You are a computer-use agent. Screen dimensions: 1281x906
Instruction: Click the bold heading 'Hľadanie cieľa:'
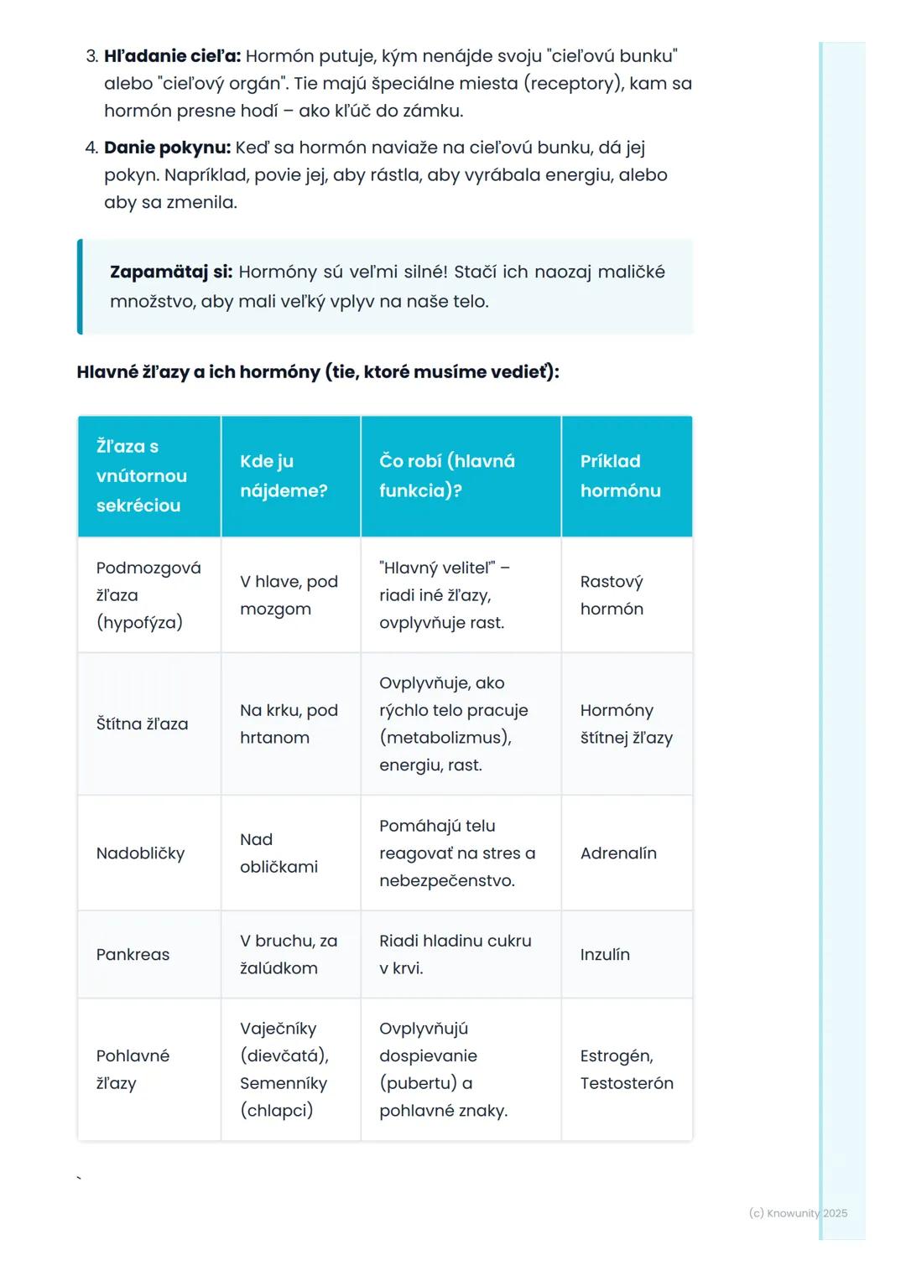172,56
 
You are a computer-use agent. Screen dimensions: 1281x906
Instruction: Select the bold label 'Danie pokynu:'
167,148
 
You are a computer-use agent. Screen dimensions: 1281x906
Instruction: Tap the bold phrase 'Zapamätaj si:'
171,272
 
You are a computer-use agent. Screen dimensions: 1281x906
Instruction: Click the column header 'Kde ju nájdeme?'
284,475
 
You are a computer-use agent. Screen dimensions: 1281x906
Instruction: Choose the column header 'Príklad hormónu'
620,475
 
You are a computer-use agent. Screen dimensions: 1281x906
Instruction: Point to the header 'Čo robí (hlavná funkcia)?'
446,475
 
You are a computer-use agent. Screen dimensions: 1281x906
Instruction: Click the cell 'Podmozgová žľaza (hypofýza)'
148,594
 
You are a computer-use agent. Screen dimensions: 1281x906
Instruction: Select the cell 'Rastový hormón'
612,594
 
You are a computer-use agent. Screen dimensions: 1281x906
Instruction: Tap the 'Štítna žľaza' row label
142,723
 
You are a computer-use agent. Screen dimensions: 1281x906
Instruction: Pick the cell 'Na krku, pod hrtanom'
289,723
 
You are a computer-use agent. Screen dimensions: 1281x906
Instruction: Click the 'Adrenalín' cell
618,853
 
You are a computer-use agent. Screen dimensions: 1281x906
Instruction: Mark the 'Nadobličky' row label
140,853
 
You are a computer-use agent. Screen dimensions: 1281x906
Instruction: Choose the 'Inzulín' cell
605,954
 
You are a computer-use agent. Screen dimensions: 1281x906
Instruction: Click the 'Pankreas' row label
133,954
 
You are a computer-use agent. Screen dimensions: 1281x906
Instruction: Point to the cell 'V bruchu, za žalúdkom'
289,954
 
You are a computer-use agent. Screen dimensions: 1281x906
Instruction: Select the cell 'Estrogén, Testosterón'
626,1069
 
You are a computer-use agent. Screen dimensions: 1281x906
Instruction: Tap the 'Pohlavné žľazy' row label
133,1069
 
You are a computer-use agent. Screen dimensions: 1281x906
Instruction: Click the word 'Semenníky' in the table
284,1083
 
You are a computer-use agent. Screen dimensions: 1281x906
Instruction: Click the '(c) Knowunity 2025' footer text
798,1213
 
